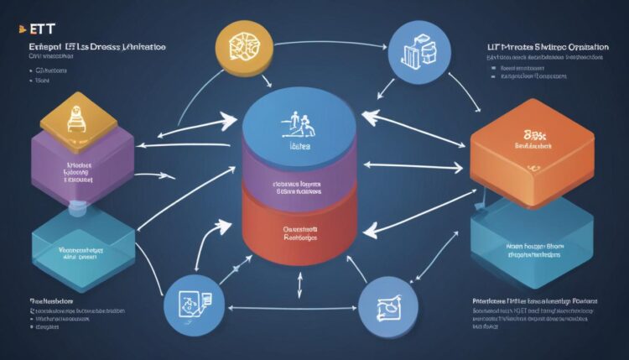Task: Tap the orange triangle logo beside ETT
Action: coord(12,28)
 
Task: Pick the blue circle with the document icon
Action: coord(193,300)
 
